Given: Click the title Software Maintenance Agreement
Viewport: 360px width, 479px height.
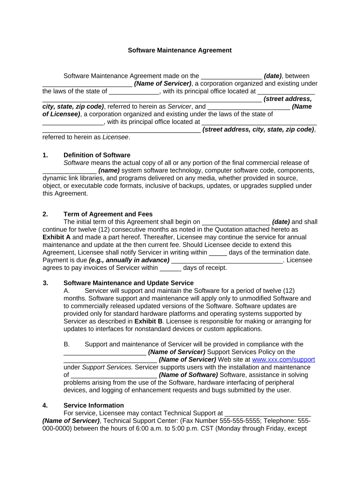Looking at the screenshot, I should (x=180, y=50).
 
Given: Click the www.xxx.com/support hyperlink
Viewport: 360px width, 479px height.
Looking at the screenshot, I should (x=283, y=360).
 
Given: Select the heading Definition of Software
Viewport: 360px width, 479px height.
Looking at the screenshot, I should (x=97, y=155).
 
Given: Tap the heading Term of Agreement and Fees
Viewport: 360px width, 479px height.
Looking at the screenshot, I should (x=108, y=214).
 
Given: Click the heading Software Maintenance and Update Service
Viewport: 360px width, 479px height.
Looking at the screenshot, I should (x=128, y=283).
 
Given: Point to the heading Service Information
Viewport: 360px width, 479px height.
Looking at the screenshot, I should (x=94, y=406).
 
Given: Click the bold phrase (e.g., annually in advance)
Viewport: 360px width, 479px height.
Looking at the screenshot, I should (x=129, y=260).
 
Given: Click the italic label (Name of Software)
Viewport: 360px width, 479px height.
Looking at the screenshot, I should (x=188, y=375).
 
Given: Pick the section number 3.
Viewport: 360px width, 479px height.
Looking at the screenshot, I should (x=45, y=283).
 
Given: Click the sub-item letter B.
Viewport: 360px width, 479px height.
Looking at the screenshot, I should (x=66, y=344).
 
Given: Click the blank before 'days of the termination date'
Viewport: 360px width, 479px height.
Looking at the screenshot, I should (x=218, y=252).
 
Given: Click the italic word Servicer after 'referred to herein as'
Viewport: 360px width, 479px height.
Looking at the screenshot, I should (x=180, y=107).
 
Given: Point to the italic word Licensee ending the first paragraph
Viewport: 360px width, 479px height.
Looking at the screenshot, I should (x=115, y=137).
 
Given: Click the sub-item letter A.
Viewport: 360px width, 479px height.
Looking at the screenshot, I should (x=66, y=290).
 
